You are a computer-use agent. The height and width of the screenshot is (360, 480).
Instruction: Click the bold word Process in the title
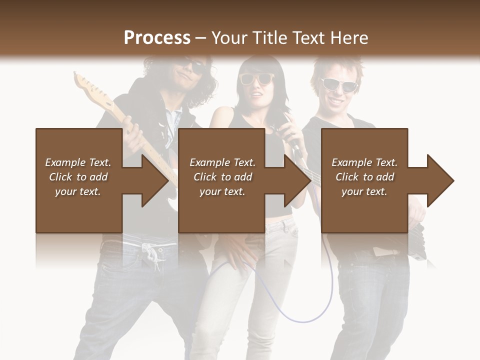pyautogui.click(x=157, y=38)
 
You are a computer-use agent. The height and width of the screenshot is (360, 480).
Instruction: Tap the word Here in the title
pyautogui.click(x=348, y=38)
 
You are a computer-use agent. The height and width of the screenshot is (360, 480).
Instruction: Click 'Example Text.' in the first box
pyautogui.click(x=78, y=162)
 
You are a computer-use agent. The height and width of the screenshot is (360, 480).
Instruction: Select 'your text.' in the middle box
pyautogui.click(x=222, y=191)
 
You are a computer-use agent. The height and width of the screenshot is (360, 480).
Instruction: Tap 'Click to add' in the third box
pyautogui.click(x=365, y=177)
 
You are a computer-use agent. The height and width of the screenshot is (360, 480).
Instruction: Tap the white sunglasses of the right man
pyautogui.click(x=338, y=84)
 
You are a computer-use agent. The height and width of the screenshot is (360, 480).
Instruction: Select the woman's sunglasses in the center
pyautogui.click(x=256, y=78)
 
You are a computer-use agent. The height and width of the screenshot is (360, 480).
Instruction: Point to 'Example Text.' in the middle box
pyautogui.click(x=222, y=162)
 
